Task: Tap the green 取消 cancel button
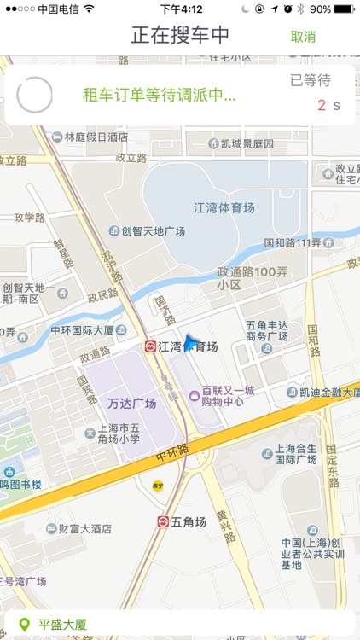[x=303, y=37]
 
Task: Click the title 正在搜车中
[x=180, y=36]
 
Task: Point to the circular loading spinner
[x=35, y=95]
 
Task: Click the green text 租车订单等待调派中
[x=159, y=95]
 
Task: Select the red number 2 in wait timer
[x=322, y=106]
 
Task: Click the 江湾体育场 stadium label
[x=224, y=207]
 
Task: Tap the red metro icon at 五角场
[x=163, y=521]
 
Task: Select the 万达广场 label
[x=132, y=403]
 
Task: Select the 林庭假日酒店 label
[x=96, y=137]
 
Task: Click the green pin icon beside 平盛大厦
[x=24, y=625]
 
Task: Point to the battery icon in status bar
[x=345, y=9]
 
